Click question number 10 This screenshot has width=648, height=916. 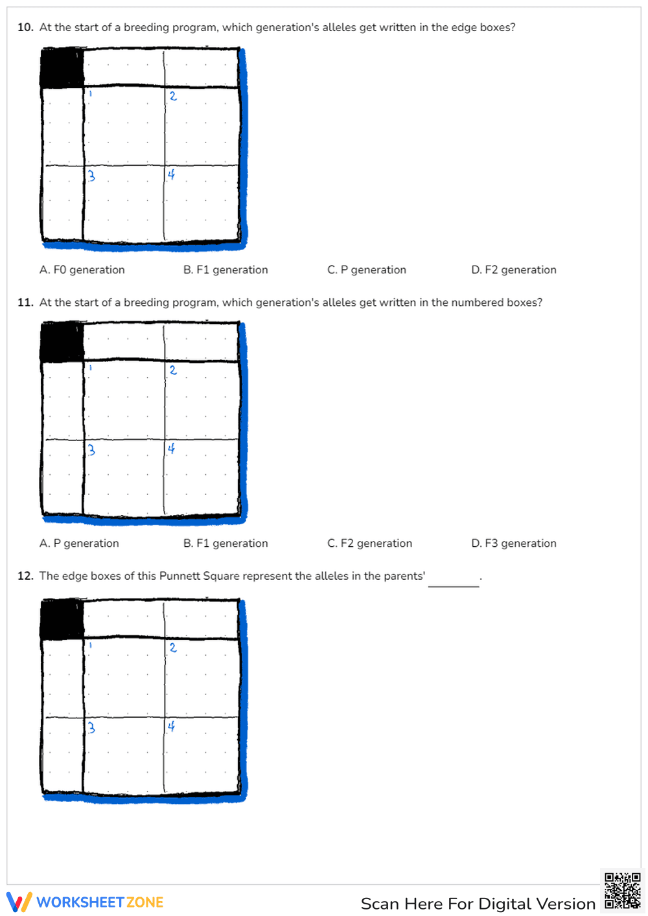pos(25,27)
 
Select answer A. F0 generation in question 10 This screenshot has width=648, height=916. pos(82,269)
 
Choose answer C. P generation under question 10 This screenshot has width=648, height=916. pos(367,269)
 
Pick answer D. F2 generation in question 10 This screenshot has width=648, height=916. pos(513,269)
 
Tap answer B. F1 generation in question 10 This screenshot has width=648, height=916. pos(226,269)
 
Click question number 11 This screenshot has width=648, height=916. pos(25,303)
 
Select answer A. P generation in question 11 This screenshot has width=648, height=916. pos(79,543)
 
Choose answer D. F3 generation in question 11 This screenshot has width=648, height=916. pos(513,543)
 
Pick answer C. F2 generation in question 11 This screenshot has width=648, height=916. pos(369,543)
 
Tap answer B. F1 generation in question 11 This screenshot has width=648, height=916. pos(226,543)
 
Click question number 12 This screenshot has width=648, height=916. pos(25,576)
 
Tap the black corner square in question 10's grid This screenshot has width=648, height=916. pos(62,67)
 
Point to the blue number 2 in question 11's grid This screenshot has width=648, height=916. pos(173,370)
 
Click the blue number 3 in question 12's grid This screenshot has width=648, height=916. pos(91,727)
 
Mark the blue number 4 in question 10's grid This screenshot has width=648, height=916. pos(171,174)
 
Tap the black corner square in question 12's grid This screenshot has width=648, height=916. pos(62,619)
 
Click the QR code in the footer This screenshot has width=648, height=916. pos(622,891)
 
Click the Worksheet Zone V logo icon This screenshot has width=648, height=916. pos(19,902)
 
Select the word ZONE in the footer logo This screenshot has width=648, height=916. pos(145,902)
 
